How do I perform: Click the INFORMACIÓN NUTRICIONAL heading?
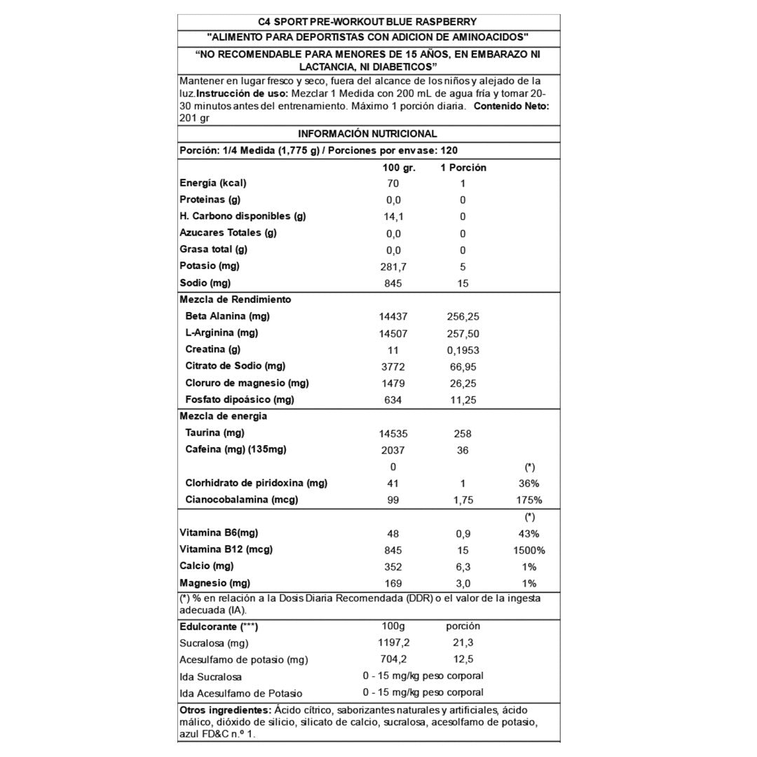367,134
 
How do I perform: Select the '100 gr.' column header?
400,168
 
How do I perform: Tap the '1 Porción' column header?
463,168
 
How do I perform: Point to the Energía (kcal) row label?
213,183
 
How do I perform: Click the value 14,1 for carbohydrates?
393,217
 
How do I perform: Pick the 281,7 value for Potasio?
393,267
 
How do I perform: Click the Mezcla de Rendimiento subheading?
225,299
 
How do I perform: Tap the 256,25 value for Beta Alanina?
463,317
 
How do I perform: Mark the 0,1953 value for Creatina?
463,350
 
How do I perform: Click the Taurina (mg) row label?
214,433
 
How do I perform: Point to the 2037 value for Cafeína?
393,451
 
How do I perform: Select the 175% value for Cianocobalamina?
529,500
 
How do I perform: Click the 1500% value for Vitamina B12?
529,550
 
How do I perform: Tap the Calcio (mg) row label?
206,566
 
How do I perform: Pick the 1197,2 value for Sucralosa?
393,643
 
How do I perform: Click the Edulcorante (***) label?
219,627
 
